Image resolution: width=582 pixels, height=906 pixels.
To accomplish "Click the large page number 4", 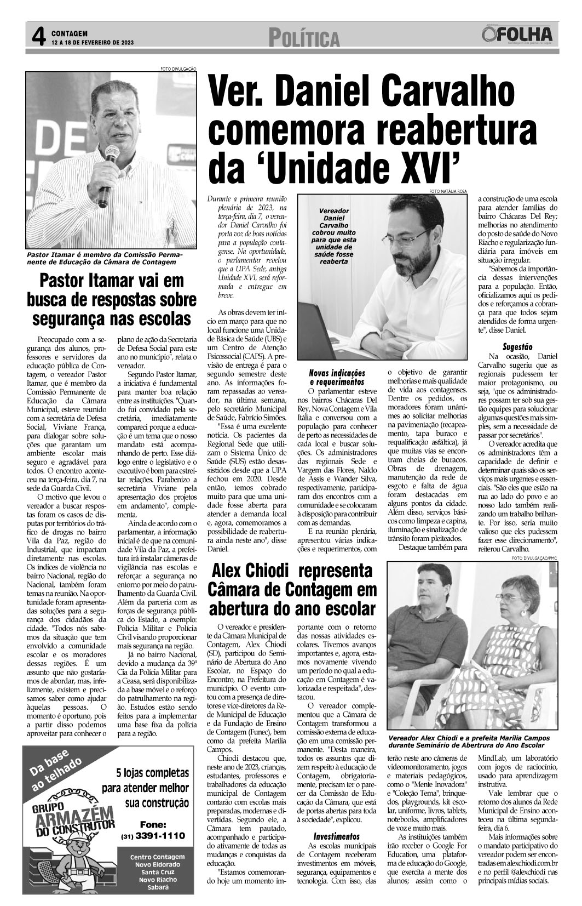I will point(37,37).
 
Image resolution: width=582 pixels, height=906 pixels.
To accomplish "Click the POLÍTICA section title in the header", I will point(304,38).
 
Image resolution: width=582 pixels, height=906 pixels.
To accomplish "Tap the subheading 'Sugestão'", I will point(517,346).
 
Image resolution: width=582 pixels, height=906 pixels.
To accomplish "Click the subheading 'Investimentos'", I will point(336,837).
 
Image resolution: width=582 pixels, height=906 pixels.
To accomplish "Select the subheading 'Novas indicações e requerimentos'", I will point(337,377).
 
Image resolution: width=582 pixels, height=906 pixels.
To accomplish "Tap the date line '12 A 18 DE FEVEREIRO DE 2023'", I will point(92,42).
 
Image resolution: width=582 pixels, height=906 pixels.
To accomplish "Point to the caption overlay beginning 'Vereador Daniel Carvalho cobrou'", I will point(334,236).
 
